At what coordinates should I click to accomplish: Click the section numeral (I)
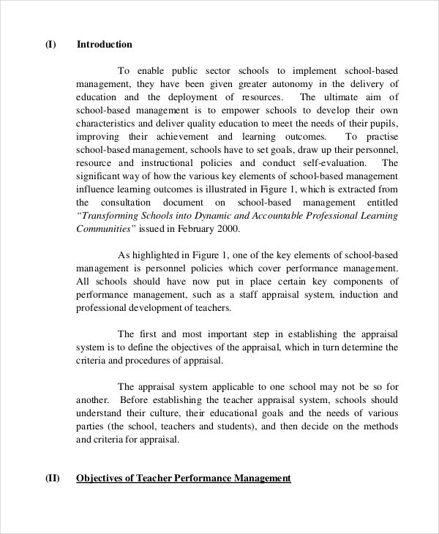pos(50,44)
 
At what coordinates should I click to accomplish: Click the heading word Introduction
pos(104,44)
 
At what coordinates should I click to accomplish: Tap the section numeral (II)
pos(52,478)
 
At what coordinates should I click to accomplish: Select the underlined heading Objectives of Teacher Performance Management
pos(184,478)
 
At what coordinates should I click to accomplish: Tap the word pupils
pos(381,123)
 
